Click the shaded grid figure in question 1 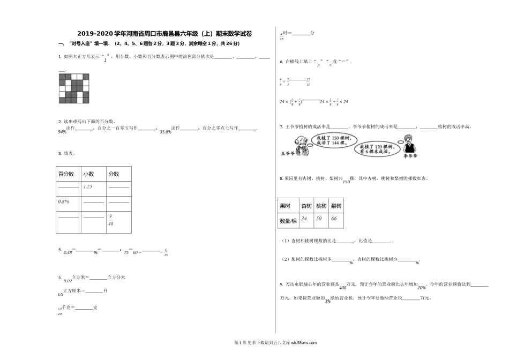tap(74, 88)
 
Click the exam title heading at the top tap(164, 34)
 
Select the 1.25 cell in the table tap(88, 186)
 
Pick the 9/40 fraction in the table tap(110, 220)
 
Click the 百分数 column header tap(66, 174)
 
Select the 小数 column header tap(88, 174)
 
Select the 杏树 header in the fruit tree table tap(306, 206)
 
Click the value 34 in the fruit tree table tap(304, 219)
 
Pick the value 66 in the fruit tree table tap(334, 219)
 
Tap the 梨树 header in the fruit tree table tap(336, 206)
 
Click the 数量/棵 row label tap(288, 221)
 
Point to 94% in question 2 tap(62, 132)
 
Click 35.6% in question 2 tap(165, 131)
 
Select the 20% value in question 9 tap(422, 287)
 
